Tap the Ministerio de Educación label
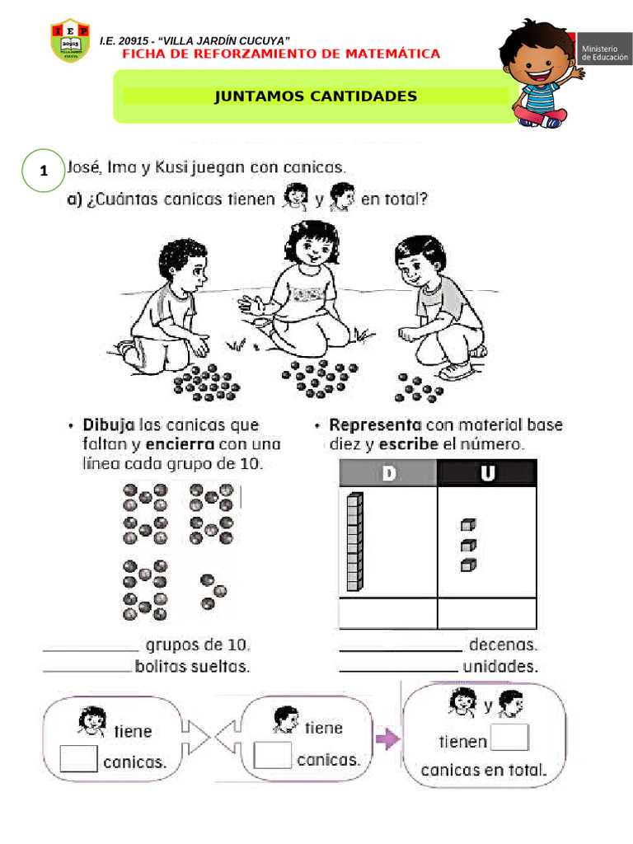[x=604, y=54]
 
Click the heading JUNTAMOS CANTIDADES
[x=316, y=96]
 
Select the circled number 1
[x=43, y=171]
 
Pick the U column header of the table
[x=486, y=474]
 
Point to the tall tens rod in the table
[x=354, y=542]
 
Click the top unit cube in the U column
[x=467, y=524]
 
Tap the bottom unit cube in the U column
[x=467, y=565]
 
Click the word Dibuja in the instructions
[x=109, y=425]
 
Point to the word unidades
[x=500, y=665]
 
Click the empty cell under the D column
[x=387, y=615]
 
